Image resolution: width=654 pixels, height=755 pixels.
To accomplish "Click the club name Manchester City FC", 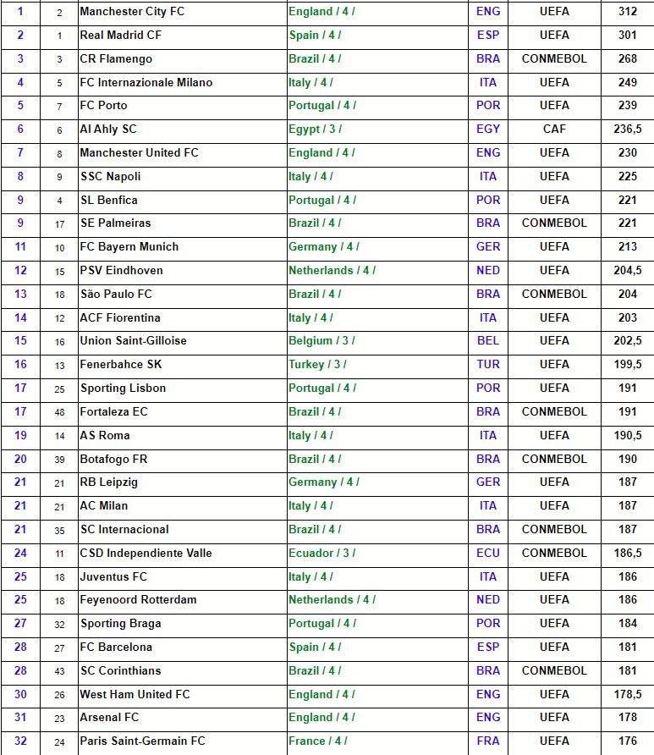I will point(131,12).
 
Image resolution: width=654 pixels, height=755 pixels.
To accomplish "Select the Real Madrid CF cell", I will point(120,36).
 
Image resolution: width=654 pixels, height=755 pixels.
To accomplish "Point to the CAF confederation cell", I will point(554,130).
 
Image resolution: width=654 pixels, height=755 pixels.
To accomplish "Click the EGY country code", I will point(488,130).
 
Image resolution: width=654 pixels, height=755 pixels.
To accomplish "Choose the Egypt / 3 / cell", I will point(315,130).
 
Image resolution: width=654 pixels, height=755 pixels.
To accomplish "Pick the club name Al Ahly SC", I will point(107,130).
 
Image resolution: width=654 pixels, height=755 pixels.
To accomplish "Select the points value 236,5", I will point(627,130).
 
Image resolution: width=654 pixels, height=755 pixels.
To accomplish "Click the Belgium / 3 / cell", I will point(322,341).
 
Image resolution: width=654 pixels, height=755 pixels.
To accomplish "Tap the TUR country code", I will point(488,365).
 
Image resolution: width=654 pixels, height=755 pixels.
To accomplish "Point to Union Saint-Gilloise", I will point(133,341).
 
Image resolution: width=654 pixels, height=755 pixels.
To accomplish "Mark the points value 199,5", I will point(627,365).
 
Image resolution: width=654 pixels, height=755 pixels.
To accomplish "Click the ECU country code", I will point(488,553).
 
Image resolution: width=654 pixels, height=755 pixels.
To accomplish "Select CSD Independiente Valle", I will point(146,553).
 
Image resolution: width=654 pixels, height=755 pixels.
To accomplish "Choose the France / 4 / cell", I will point(317,741).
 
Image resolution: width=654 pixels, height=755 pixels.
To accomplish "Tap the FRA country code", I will point(488,741).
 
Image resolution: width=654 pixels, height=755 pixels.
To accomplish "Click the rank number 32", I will point(21,741).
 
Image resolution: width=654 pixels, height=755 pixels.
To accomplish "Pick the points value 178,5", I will point(627,694).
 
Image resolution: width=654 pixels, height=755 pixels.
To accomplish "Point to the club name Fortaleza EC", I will point(113,412).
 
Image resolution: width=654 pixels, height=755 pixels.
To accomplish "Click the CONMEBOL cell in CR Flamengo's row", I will point(554,59).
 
